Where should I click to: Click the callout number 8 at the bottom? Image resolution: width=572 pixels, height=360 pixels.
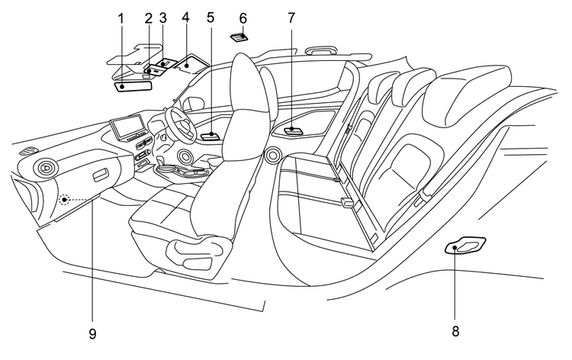[455, 332]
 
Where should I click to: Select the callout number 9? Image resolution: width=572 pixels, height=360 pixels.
[92, 333]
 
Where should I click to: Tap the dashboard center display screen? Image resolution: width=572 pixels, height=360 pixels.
[125, 127]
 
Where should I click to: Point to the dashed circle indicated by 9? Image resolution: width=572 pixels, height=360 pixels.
[66, 200]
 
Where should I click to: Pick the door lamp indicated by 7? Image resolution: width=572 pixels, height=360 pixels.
[294, 130]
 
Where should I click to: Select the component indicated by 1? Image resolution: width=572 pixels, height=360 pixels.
[133, 85]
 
